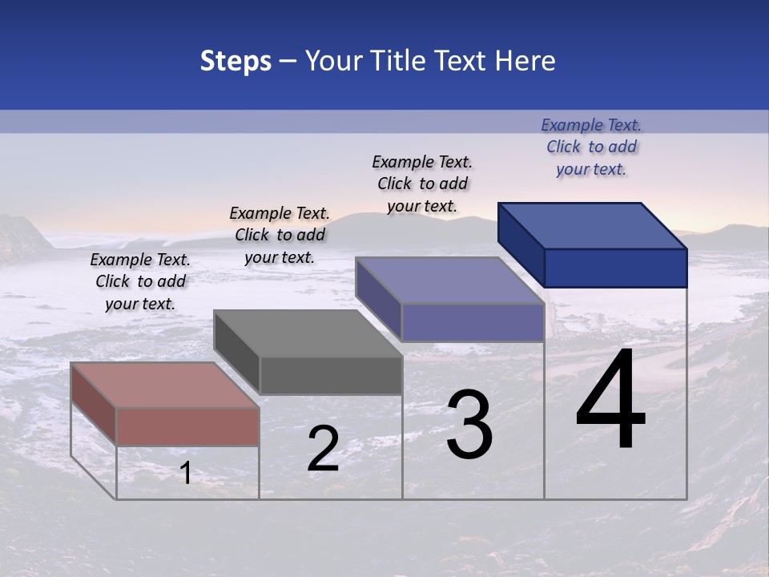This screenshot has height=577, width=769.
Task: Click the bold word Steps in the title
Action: [x=236, y=61]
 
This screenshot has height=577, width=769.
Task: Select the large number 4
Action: [x=610, y=400]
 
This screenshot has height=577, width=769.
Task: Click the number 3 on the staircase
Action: [x=469, y=424]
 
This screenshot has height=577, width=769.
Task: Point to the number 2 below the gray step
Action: [x=324, y=448]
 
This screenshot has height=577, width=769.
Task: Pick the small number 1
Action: [x=186, y=473]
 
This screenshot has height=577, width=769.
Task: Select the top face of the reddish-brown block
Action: [x=165, y=385]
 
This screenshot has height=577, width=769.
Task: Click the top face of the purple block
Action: [x=450, y=280]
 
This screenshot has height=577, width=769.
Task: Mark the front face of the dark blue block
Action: [x=615, y=268]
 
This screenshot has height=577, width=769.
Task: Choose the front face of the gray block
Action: [x=331, y=375]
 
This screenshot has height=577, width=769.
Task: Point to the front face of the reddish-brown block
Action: [x=187, y=426]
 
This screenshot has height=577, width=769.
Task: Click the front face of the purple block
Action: [x=473, y=322]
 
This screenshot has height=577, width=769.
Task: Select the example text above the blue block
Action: [x=591, y=147]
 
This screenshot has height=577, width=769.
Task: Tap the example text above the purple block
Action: [x=422, y=184]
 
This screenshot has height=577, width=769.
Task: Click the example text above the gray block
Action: [x=280, y=235]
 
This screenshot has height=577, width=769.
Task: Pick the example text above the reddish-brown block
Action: [x=140, y=281]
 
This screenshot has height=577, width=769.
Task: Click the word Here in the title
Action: [x=525, y=61]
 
